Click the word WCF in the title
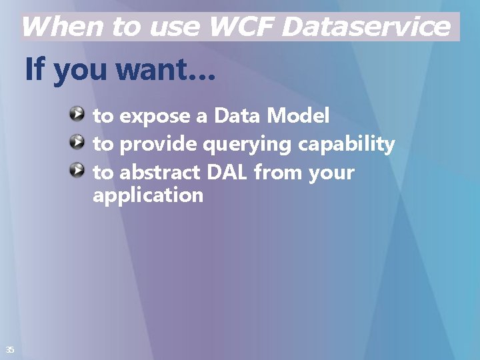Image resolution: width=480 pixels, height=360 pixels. (241, 27)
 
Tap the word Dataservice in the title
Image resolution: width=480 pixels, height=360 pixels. (366, 27)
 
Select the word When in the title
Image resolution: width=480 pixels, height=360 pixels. (63, 27)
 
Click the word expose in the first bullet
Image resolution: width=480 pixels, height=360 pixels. (155, 117)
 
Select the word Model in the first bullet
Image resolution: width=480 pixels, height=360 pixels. (298, 116)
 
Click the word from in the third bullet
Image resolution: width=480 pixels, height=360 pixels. (278, 173)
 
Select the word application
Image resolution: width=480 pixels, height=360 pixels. (148, 197)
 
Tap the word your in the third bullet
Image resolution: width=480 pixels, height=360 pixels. (331, 174)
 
